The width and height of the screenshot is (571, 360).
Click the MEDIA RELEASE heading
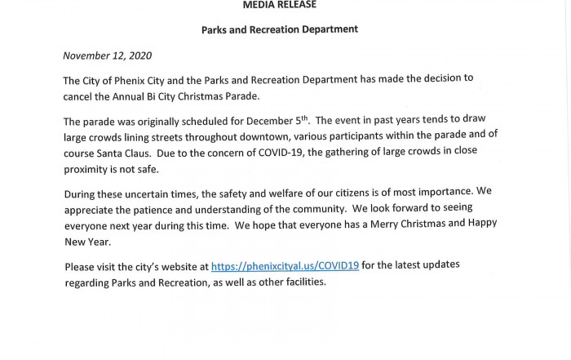point(280,5)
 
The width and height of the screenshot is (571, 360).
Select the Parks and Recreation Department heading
point(280,29)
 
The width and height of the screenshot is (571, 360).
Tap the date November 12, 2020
point(107,56)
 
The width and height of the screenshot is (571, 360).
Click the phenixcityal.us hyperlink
point(285,266)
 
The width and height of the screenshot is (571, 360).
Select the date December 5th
point(324,120)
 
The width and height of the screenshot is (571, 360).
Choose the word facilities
point(301,282)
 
